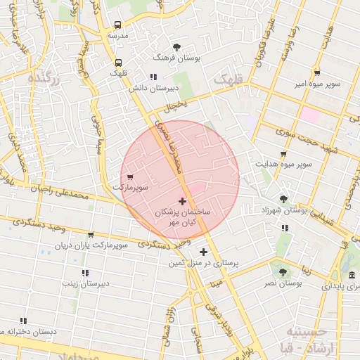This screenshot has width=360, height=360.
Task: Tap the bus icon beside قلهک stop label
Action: tap(117, 62)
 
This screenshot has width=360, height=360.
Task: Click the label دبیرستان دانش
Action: tap(150, 89)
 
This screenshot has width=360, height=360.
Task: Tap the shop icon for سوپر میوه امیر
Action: tap(317, 72)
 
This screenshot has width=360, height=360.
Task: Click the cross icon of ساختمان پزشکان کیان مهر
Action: tap(183, 201)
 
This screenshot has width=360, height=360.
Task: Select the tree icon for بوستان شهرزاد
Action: tap(283, 199)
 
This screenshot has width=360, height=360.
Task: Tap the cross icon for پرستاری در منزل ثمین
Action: tap(203, 252)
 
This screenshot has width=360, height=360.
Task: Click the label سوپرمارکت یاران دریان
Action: tap(92, 246)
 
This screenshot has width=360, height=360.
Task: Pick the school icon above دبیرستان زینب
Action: tap(85, 273)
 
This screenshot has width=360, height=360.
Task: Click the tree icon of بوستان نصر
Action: tap(283, 271)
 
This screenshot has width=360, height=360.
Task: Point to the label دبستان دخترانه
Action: tap(28, 330)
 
